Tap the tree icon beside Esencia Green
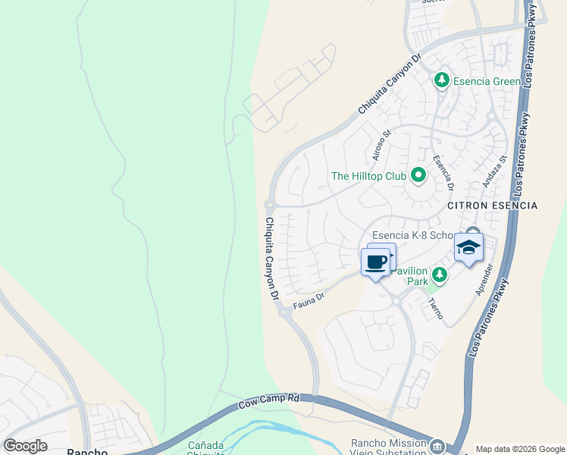441,80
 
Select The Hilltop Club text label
369,176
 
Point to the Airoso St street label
381,146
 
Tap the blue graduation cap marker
468,248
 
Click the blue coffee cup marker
375,262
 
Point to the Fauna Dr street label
309,302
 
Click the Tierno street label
435,308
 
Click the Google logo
25,446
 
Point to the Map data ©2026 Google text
520,449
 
